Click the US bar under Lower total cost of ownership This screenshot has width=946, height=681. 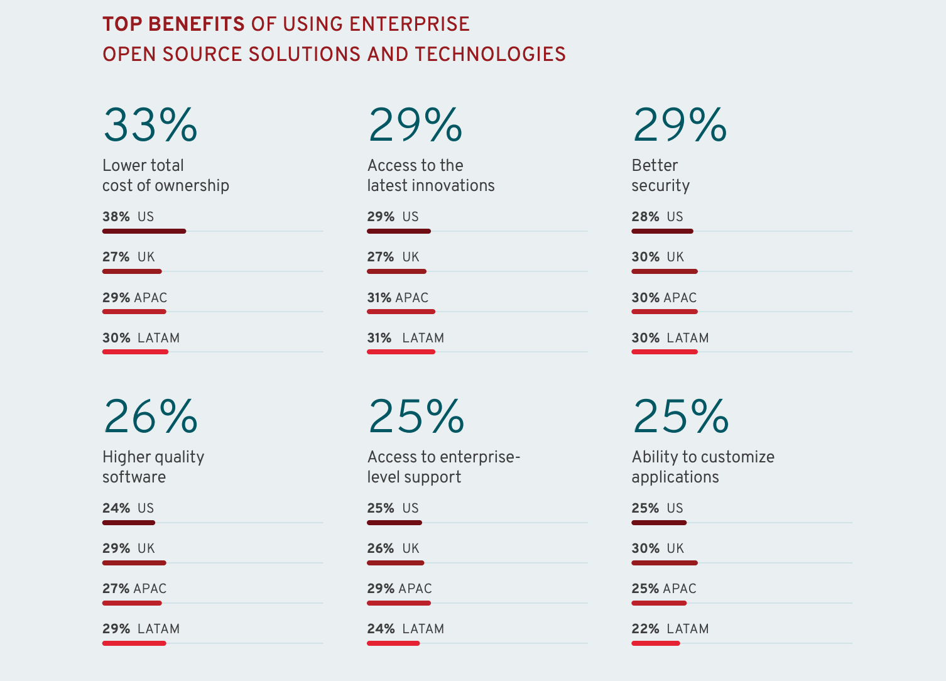pyautogui.click(x=144, y=231)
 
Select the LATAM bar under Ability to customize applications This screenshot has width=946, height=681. pyautogui.click(x=656, y=643)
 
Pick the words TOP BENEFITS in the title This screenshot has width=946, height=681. pyautogui.click(x=173, y=24)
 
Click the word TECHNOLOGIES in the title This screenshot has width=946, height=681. pyautogui.click(x=490, y=54)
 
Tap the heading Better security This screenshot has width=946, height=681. pyautogui.click(x=660, y=175)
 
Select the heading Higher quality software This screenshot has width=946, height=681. pyautogui.click(x=153, y=467)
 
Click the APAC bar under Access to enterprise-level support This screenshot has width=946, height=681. pyautogui.click(x=399, y=603)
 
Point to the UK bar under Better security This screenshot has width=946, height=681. pyautogui.click(x=665, y=271)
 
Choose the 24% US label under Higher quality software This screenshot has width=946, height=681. pyautogui.click(x=128, y=508)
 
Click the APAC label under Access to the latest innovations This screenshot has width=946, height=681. pyautogui.click(x=412, y=298)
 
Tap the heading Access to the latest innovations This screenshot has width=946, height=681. pyautogui.click(x=431, y=175)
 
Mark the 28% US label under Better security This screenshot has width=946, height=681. pyautogui.click(x=657, y=217)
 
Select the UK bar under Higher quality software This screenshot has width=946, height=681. pyautogui.click(x=134, y=563)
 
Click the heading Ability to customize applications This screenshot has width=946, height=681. pyautogui.click(x=703, y=467)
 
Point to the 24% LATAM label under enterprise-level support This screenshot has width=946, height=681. pyautogui.click(x=405, y=629)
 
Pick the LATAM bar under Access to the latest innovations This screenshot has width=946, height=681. pyautogui.click(x=401, y=352)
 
